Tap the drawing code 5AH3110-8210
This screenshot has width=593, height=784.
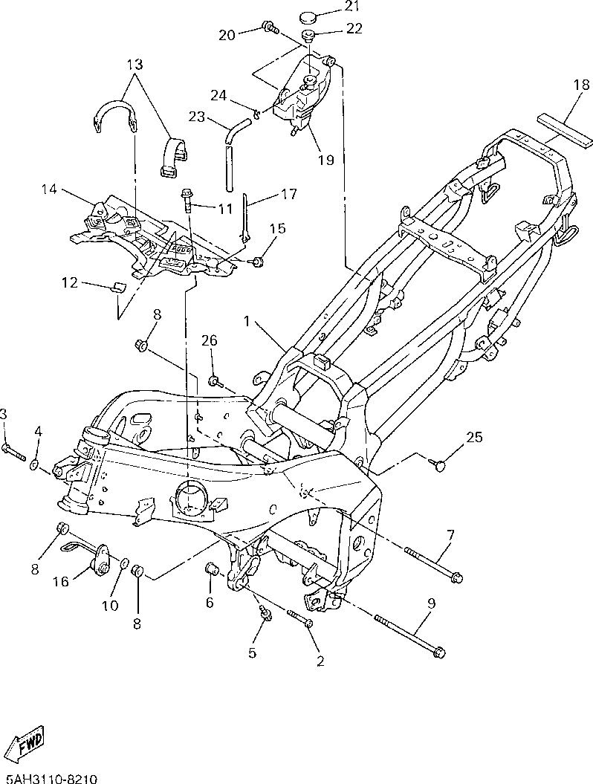pos(48,779)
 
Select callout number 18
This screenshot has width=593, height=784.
pos(582,85)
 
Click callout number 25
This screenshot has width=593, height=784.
pos(474,438)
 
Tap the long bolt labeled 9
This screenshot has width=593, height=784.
pos(409,624)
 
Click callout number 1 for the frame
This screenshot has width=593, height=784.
pos(246,321)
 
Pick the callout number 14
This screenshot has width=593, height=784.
pos(49,189)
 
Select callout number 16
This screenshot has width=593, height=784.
pos(61,582)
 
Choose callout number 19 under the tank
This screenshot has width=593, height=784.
pos(326,160)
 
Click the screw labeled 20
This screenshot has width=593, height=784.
pos(270,27)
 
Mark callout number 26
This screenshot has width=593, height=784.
pos(210,340)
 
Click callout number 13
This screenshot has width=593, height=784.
pos(135,65)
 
